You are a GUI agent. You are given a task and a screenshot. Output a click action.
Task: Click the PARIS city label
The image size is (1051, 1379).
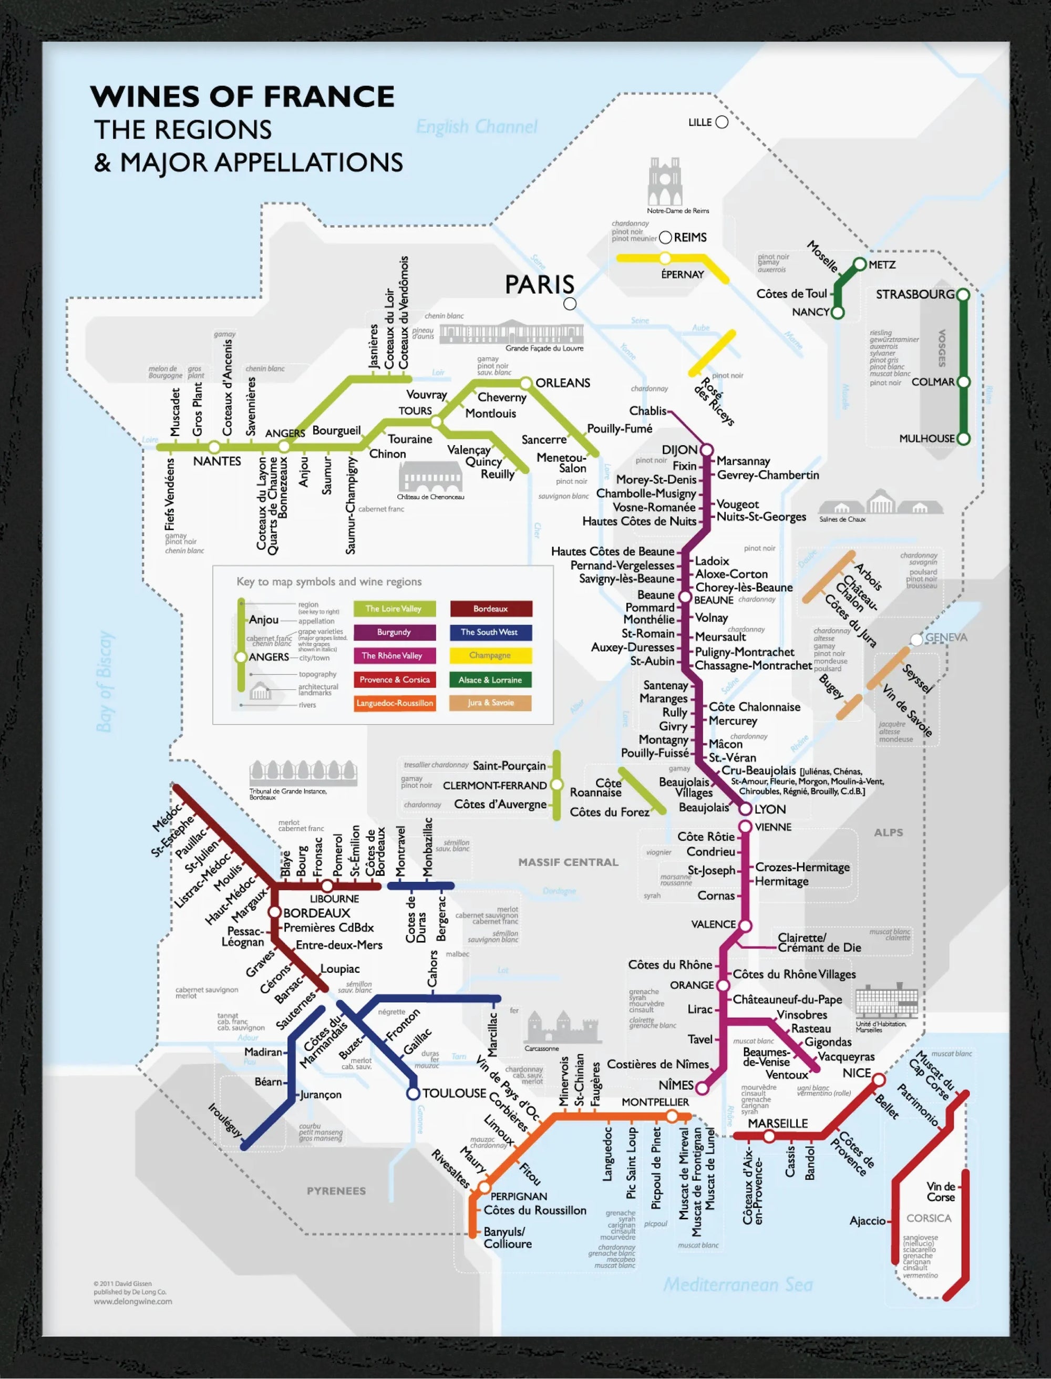click(x=539, y=284)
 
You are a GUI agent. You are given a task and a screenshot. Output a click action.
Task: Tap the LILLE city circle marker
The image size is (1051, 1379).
click(x=722, y=122)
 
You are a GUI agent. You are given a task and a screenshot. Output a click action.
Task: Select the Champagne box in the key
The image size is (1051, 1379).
click(x=490, y=655)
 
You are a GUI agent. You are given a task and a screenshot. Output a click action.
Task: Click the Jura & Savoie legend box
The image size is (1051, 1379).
click(x=490, y=703)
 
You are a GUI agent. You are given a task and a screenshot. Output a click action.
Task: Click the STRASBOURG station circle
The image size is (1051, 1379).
click(x=963, y=294)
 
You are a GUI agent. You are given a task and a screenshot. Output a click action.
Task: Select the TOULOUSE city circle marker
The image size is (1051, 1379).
click(x=413, y=1093)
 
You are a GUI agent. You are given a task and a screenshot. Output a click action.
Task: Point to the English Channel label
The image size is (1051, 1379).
click(x=476, y=127)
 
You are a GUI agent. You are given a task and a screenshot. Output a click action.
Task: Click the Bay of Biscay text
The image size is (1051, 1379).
click(x=105, y=682)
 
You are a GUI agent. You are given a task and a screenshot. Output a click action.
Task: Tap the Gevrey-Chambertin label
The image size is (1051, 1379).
click(x=768, y=475)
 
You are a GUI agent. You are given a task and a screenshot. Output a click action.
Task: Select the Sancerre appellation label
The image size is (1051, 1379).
click(x=544, y=440)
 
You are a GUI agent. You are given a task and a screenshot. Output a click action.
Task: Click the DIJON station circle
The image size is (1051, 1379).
click(x=706, y=450)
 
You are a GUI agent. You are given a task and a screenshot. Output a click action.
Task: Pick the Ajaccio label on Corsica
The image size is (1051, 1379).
click(x=867, y=1221)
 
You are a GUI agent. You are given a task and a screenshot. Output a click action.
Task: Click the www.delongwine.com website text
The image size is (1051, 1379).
click(x=132, y=1301)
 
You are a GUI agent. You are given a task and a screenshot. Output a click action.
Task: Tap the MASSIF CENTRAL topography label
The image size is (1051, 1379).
click(x=568, y=862)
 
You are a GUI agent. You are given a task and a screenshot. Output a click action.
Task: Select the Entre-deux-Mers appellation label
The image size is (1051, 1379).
click(x=338, y=945)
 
